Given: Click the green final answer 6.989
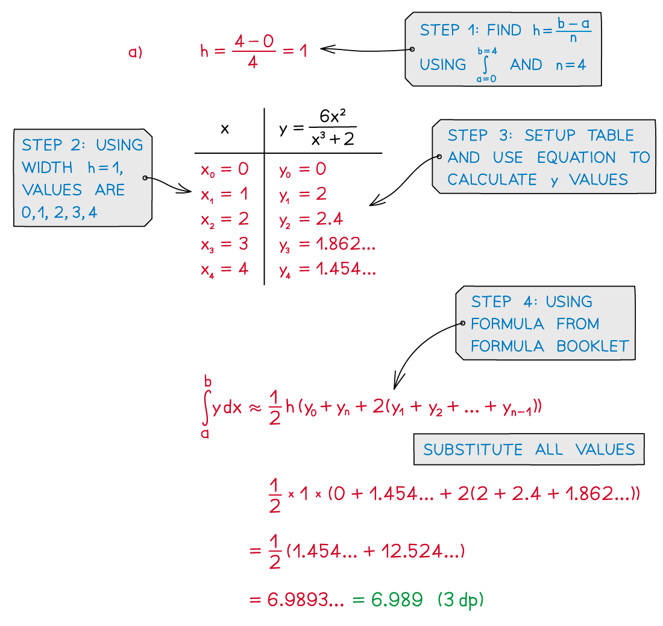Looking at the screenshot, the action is pyautogui.click(x=397, y=599).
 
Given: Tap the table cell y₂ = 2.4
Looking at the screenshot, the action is pyautogui.click(x=311, y=220).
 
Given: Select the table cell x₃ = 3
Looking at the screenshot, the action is pyautogui.click(x=225, y=244).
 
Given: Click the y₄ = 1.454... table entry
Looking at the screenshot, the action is pyautogui.click(x=327, y=270).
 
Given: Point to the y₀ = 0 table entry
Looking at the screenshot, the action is pyautogui.click(x=303, y=169).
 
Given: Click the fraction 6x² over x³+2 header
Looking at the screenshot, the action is pyautogui.click(x=333, y=127).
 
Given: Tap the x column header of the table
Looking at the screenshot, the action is pyautogui.click(x=225, y=128).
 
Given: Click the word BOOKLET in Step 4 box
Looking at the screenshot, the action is pyautogui.click(x=592, y=346).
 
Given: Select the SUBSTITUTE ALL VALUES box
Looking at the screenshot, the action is pyautogui.click(x=529, y=449).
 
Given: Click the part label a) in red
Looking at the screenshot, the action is pyautogui.click(x=135, y=52).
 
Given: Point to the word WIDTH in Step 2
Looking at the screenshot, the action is pyautogui.click(x=48, y=168).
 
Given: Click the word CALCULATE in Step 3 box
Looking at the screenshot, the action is pyautogui.click(x=492, y=179).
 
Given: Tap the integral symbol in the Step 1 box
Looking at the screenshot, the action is pyautogui.click(x=485, y=65).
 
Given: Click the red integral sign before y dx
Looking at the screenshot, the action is pyautogui.click(x=206, y=407).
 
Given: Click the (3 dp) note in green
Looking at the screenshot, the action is pyautogui.click(x=460, y=600).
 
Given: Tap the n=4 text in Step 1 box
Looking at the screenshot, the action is pyautogui.click(x=571, y=65).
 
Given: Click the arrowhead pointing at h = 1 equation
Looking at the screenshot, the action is pyautogui.click(x=328, y=49).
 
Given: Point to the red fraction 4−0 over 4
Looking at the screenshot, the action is pyautogui.click(x=254, y=52).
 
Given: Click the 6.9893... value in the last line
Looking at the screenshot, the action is pyautogui.click(x=306, y=599).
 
